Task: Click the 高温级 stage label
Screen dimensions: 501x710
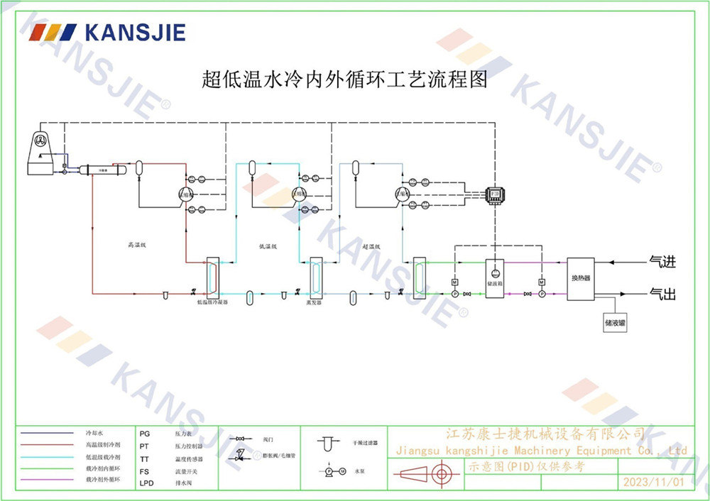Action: click(136, 245)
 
